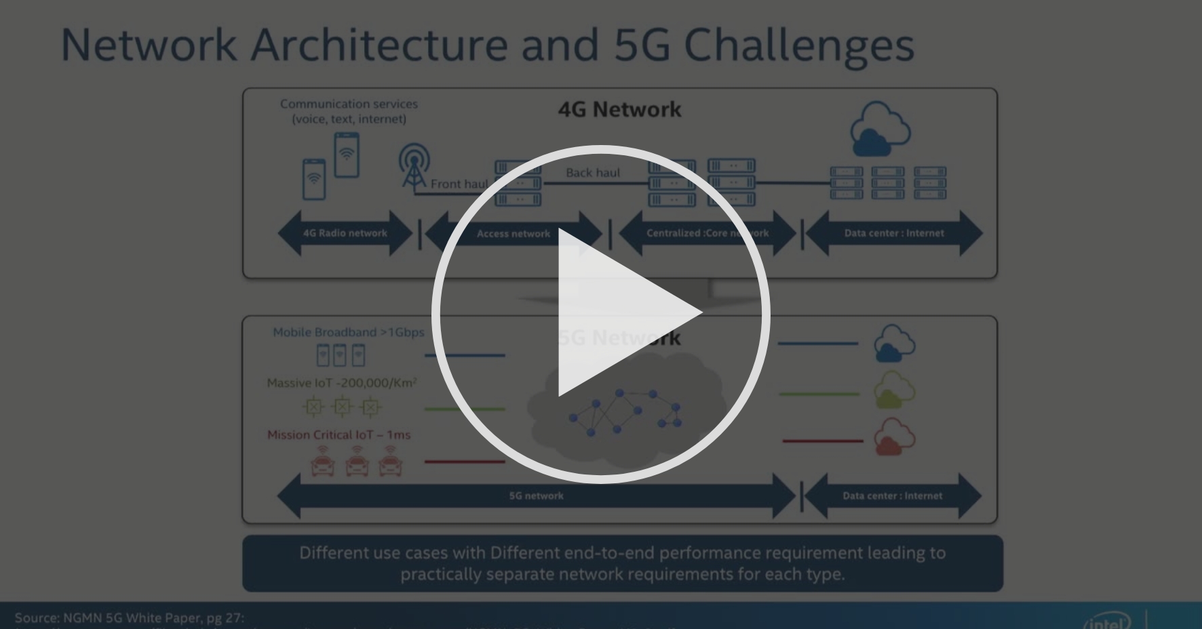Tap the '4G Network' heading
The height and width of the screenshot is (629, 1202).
[x=619, y=110]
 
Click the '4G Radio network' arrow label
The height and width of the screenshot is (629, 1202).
[x=345, y=233]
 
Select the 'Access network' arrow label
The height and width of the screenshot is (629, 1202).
[x=513, y=234]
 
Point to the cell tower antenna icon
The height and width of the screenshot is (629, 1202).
[x=413, y=165]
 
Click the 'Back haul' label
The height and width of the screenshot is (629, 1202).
[x=593, y=173]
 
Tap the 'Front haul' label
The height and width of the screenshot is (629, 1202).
[x=459, y=184]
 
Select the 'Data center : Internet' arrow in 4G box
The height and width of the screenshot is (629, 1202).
[x=893, y=233]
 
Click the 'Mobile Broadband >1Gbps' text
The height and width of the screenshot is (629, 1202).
[x=348, y=332]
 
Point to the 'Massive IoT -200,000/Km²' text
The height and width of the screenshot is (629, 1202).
[x=342, y=383]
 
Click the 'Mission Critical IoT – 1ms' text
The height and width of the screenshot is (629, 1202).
[x=338, y=434]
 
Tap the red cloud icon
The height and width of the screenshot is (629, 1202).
[x=893, y=437]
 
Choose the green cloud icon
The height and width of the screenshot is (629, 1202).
[x=893, y=390]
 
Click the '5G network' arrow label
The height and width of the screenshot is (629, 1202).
[x=536, y=495]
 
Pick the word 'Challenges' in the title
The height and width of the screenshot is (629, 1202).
[x=798, y=45]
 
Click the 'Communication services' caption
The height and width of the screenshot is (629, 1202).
[x=349, y=104]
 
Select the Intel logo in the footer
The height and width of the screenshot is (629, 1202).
[x=1106, y=621]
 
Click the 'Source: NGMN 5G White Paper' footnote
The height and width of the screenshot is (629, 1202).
[x=129, y=617]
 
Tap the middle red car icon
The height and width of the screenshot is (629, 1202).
[x=357, y=463]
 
